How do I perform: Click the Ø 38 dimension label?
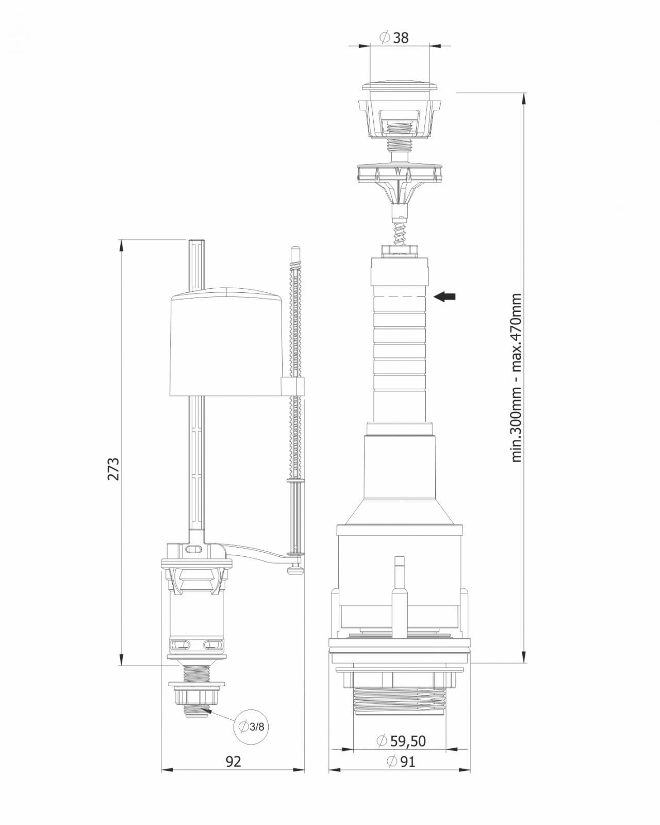click(x=394, y=38)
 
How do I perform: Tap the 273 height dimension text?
click(x=113, y=469)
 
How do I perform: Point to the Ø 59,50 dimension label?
click(x=402, y=730)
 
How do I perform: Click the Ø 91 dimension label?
click(x=401, y=761)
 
